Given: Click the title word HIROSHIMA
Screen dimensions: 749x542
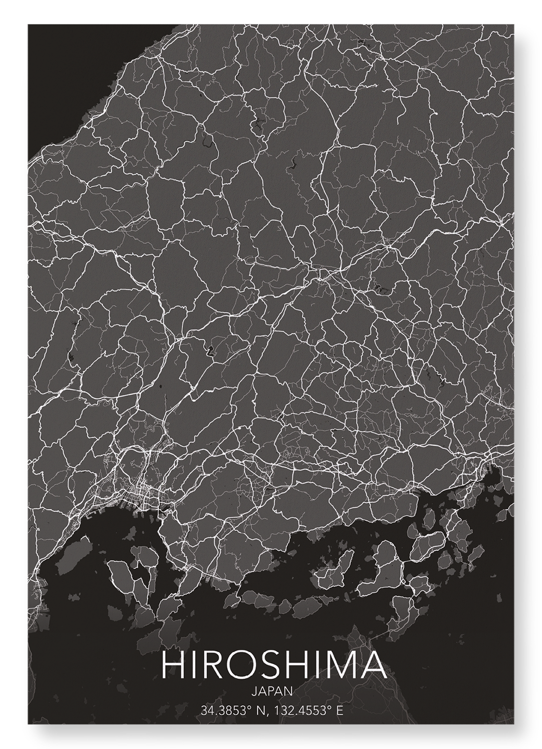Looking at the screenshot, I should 273,665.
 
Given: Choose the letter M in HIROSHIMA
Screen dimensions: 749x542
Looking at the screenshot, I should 338,665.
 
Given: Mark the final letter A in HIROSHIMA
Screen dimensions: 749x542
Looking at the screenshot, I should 372,665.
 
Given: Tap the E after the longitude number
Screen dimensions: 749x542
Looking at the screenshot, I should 340,710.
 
